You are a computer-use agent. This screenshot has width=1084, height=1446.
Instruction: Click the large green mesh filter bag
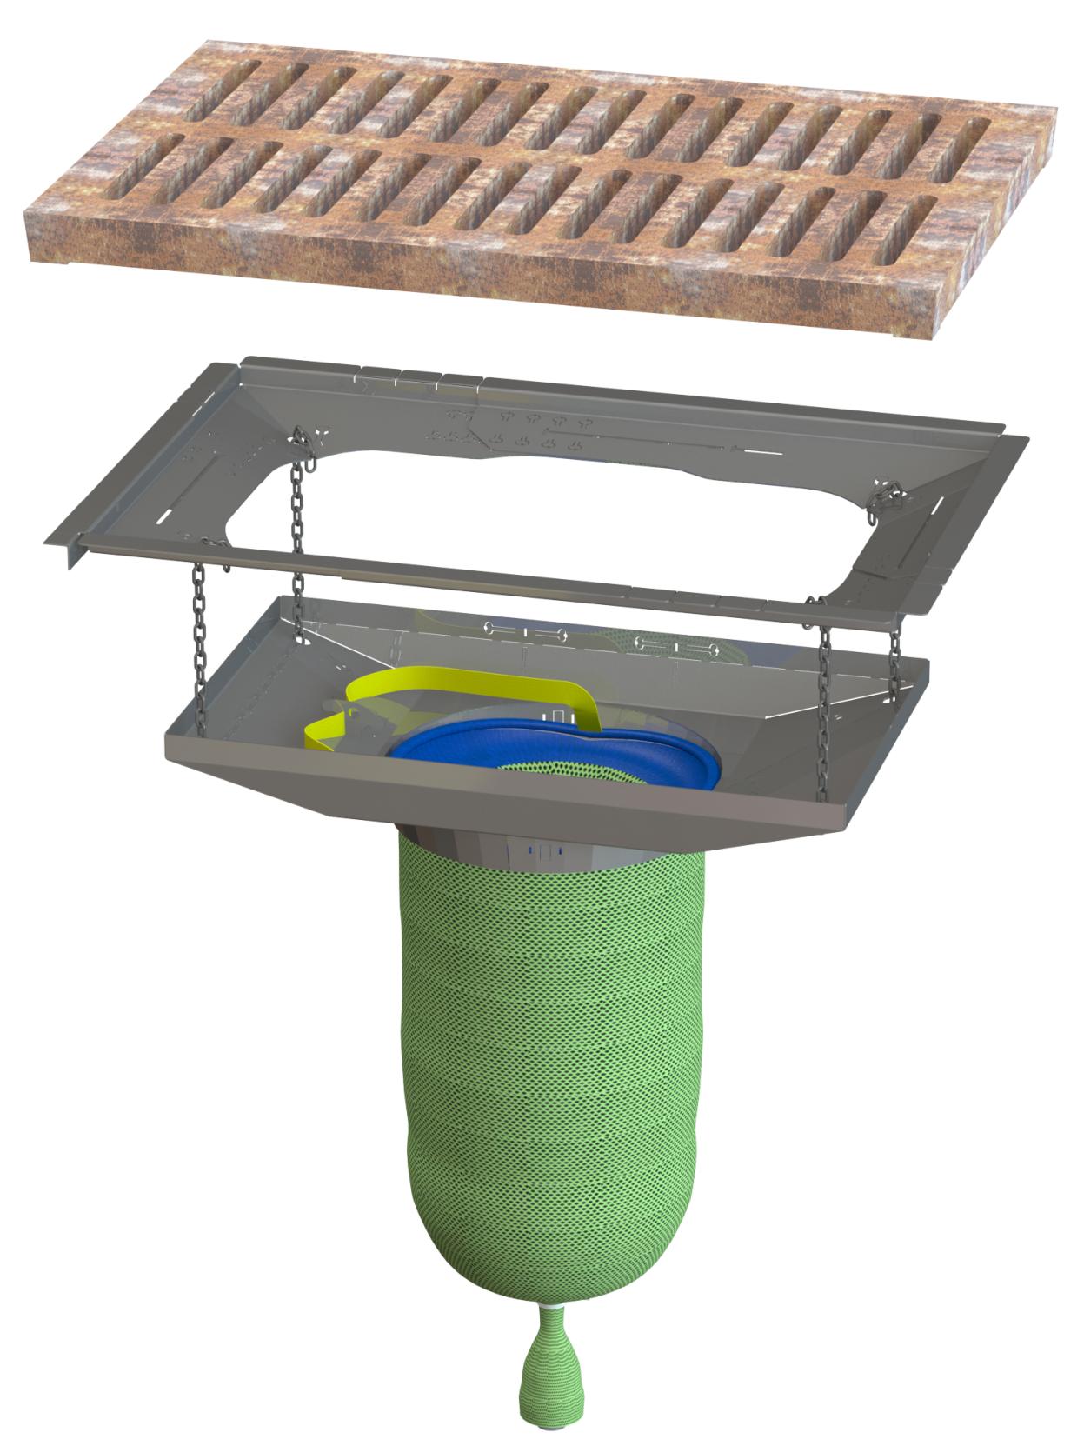click(548, 1087)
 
